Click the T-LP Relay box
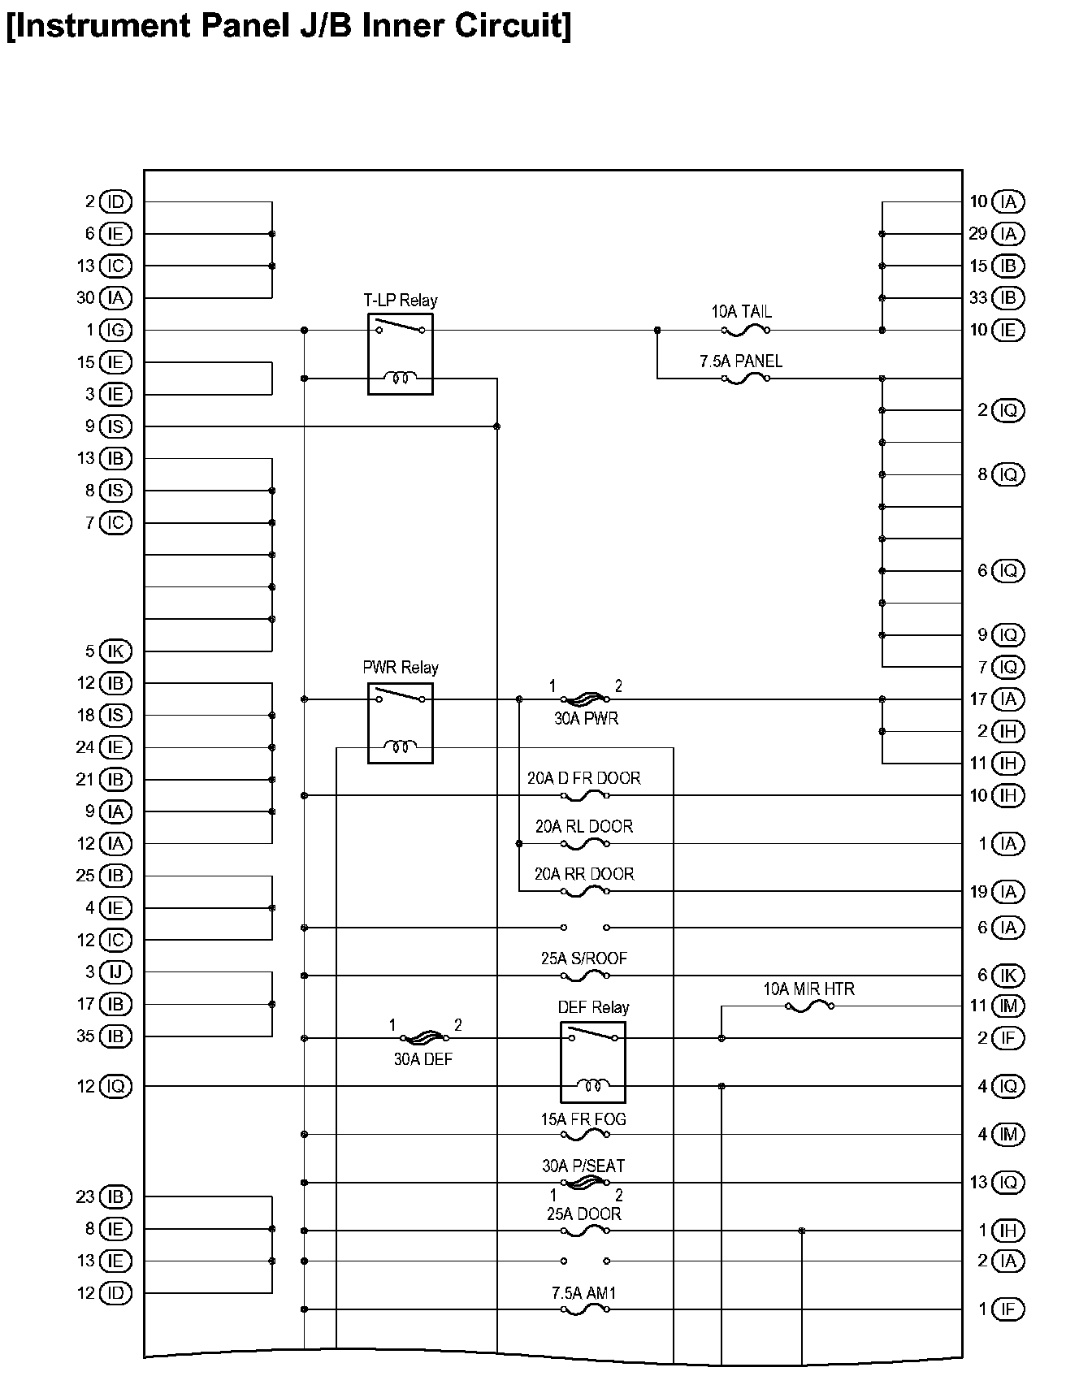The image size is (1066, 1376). click(400, 354)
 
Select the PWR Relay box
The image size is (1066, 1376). click(400, 723)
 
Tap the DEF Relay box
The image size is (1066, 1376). click(592, 1061)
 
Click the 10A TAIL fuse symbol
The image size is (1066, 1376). click(745, 330)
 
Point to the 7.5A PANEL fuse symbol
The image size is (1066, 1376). click(745, 379)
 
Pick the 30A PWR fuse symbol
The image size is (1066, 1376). click(585, 699)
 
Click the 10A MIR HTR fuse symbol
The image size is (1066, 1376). click(809, 1006)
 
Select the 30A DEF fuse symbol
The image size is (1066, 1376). click(423, 1038)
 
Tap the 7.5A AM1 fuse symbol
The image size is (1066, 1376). click(585, 1309)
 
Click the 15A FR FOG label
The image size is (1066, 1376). click(583, 1119)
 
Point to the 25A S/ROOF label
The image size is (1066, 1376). click(584, 958)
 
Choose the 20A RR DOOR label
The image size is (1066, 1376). click(584, 874)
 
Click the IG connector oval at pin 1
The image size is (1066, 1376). click(115, 330)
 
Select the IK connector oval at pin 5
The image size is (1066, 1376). click(115, 651)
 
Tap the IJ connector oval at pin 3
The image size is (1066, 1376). click(115, 971)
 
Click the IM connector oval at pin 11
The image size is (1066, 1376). click(1007, 1006)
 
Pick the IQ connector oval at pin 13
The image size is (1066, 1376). click(1007, 1183)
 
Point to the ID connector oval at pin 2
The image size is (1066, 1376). click(115, 201)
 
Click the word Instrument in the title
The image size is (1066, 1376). click(100, 26)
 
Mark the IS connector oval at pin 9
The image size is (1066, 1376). click(115, 426)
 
